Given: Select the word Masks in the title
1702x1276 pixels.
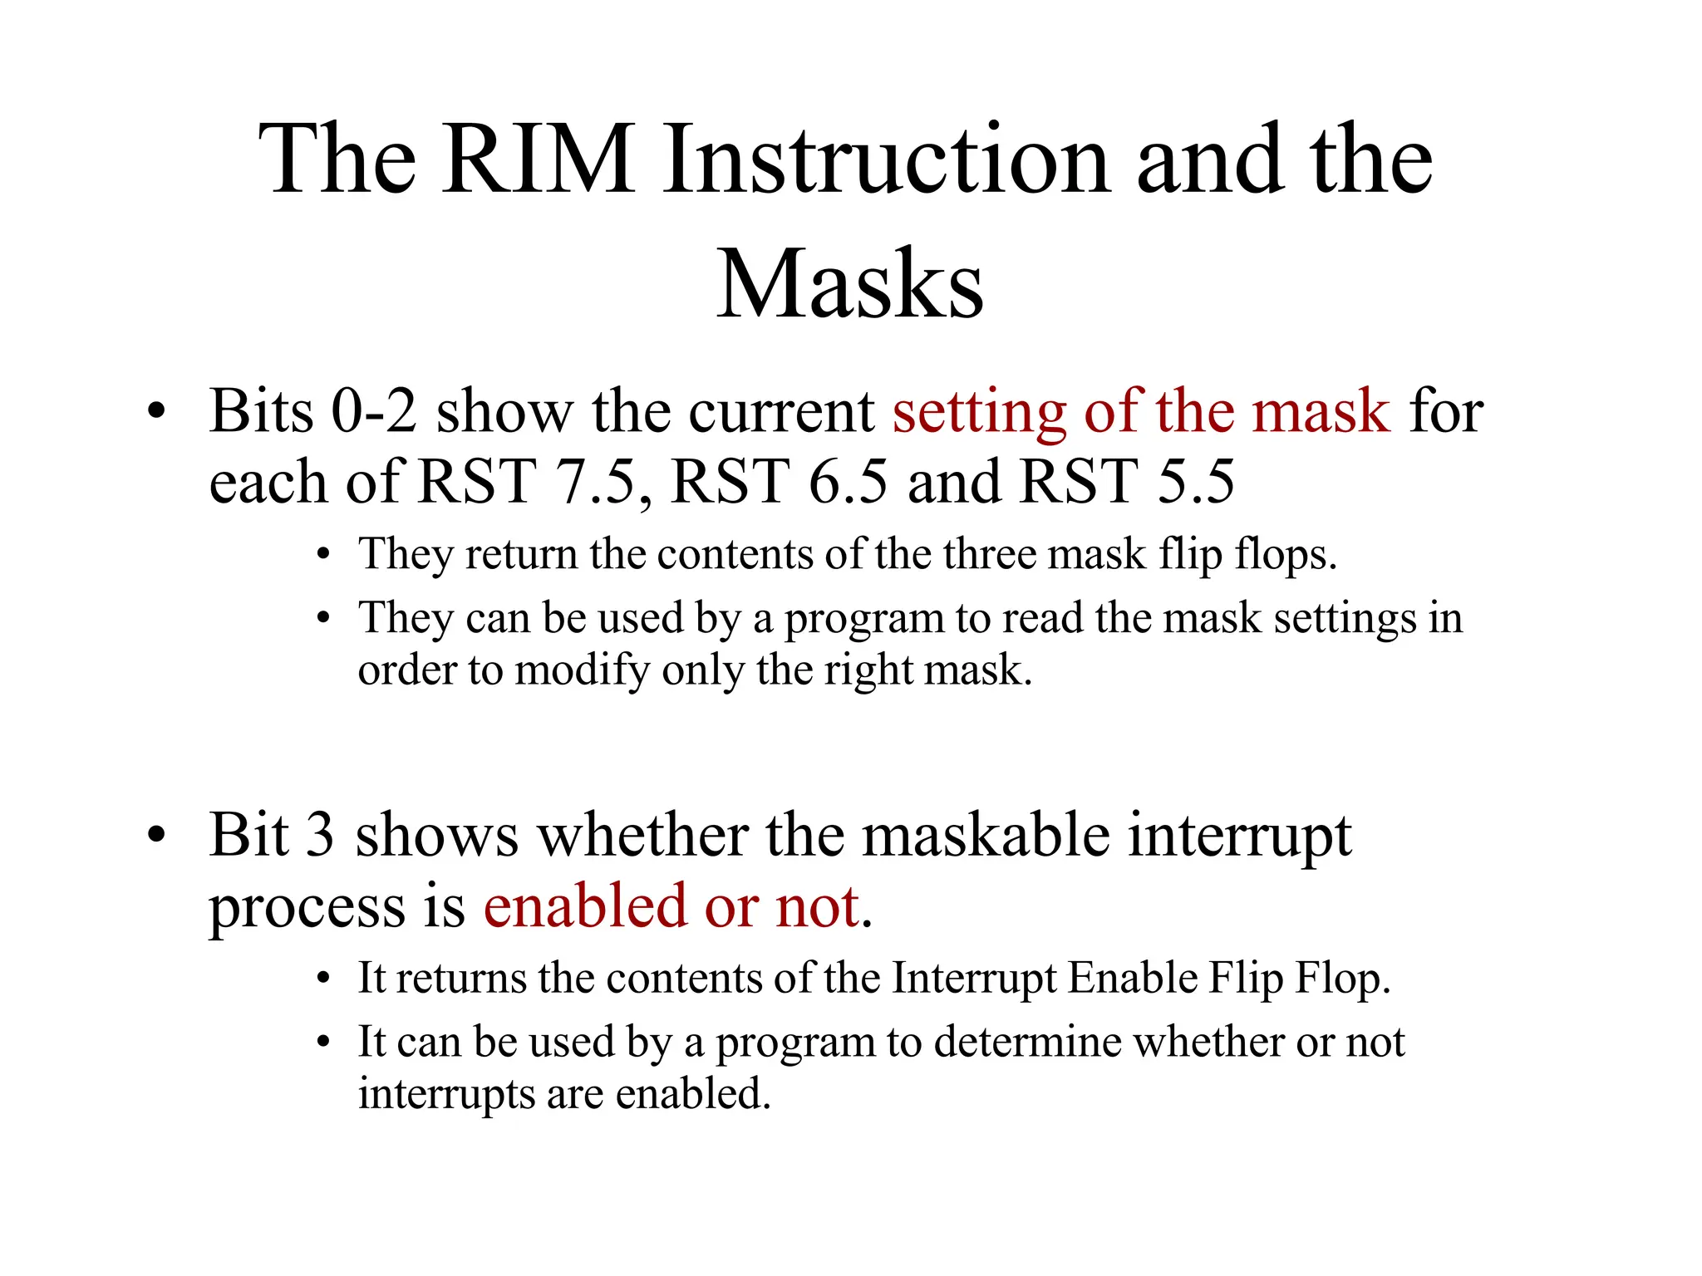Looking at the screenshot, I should coord(850,284).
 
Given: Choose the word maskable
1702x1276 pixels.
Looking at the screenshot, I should coord(986,835).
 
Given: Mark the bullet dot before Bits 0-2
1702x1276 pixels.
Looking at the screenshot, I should coord(156,413).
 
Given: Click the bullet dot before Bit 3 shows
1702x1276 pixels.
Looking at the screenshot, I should coord(156,837).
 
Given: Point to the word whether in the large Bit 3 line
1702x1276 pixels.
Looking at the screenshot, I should coord(642,835).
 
